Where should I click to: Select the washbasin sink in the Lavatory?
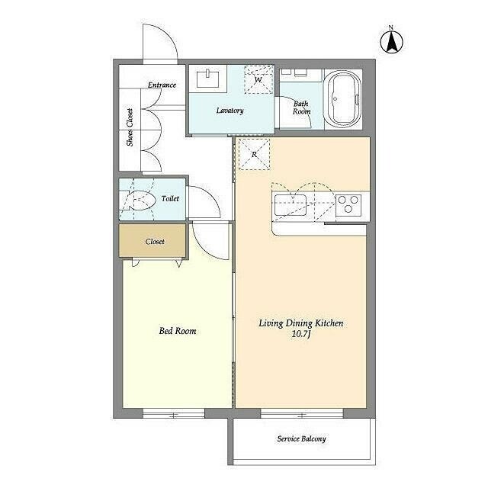coord(207,79)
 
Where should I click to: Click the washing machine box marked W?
coord(258,79)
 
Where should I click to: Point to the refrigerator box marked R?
coord(254,154)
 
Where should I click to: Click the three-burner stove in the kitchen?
coord(348,205)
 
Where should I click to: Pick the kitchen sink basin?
coord(290,205)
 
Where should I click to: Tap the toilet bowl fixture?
coord(140,200)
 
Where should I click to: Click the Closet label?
coord(155,242)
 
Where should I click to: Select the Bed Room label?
coord(178,330)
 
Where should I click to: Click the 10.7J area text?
coord(301,334)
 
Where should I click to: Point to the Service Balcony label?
coord(302,439)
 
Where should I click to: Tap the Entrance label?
coord(162,85)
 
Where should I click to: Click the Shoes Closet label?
coord(130,127)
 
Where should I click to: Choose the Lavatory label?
coord(230,111)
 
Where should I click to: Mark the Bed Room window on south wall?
coord(174,413)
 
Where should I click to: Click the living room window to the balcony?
coord(302,413)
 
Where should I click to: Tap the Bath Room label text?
coord(301,108)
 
